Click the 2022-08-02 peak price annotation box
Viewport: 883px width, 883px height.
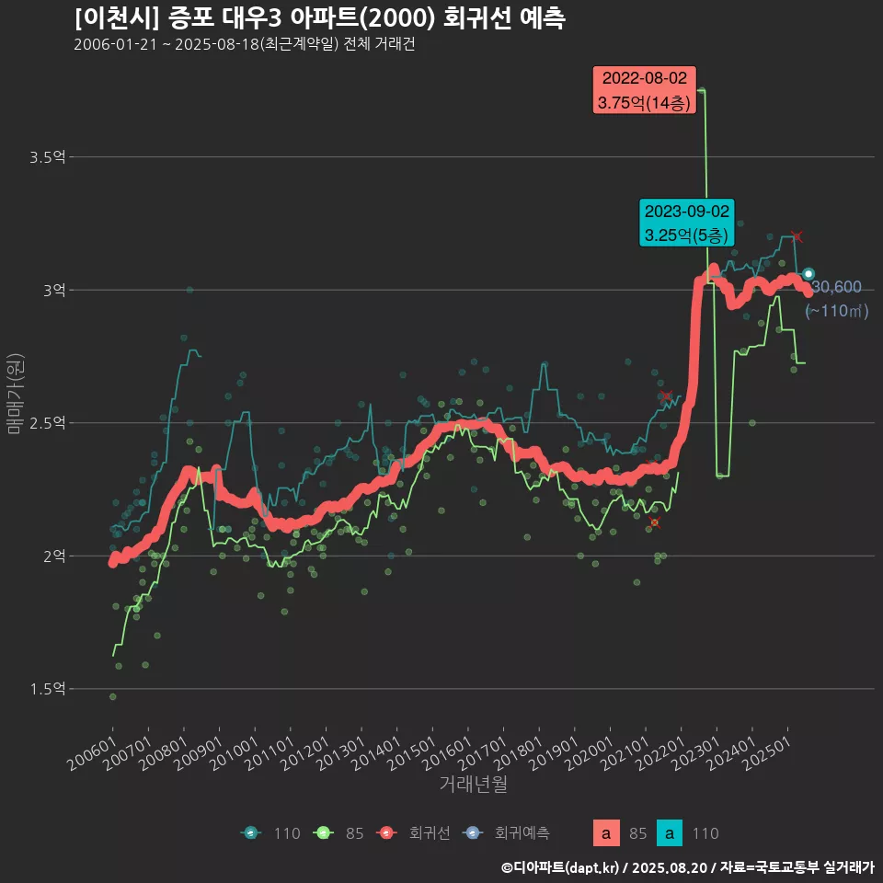click(x=644, y=90)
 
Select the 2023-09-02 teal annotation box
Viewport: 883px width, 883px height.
click(x=687, y=223)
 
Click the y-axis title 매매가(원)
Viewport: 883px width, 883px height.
click(x=15, y=393)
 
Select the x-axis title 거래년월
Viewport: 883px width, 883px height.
click(x=473, y=784)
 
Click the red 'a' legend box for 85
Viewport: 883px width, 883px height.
click(x=605, y=833)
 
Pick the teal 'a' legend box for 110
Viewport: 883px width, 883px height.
click(x=670, y=833)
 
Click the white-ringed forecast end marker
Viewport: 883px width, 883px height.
click(x=808, y=274)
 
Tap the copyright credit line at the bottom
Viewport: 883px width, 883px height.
click(x=687, y=866)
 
